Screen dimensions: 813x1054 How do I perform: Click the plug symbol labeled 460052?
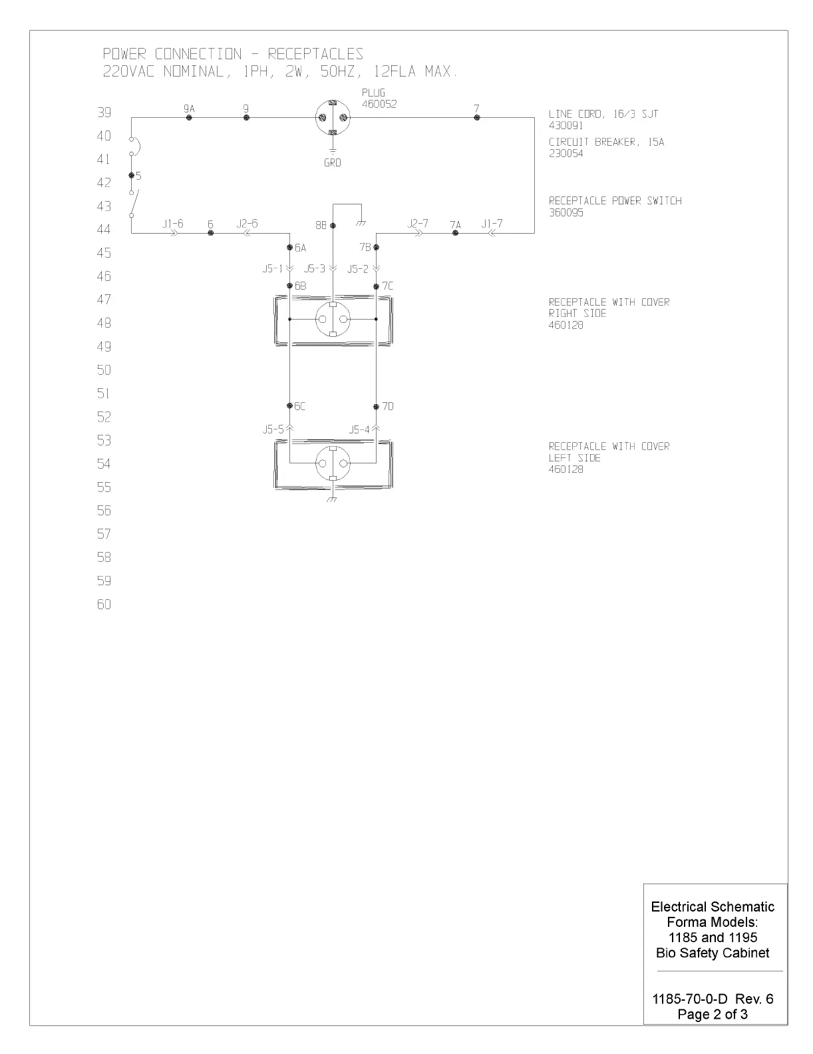pyautogui.click(x=333, y=118)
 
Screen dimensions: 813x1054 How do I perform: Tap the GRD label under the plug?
pyautogui.click(x=333, y=162)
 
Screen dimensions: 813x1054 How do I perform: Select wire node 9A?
pyautogui.click(x=189, y=118)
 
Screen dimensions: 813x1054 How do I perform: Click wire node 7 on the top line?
pyautogui.click(x=476, y=118)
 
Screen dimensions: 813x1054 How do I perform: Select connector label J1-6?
pyautogui.click(x=172, y=224)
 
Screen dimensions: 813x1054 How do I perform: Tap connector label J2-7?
pyautogui.click(x=418, y=224)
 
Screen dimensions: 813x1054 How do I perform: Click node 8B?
pyautogui.click(x=333, y=226)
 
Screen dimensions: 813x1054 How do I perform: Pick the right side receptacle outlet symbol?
pyautogui.click(x=333, y=320)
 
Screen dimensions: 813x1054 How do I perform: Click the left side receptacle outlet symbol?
pyautogui.click(x=333, y=463)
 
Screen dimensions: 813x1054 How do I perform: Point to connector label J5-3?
pyautogui.click(x=315, y=269)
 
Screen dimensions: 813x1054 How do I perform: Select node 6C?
pyautogui.click(x=290, y=405)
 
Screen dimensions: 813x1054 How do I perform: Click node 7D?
pyautogui.click(x=376, y=405)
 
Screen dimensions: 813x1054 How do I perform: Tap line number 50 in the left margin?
pyautogui.click(x=104, y=370)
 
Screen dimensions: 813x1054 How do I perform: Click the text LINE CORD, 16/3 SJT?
pyautogui.click(x=603, y=114)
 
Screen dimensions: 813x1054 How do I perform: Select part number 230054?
pyautogui.click(x=566, y=153)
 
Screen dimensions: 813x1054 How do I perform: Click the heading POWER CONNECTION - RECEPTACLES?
pyautogui.click(x=233, y=54)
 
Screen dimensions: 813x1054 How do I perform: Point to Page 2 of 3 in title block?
pyautogui.click(x=713, y=1014)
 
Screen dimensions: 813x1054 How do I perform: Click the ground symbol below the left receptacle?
pyautogui.click(x=333, y=500)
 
